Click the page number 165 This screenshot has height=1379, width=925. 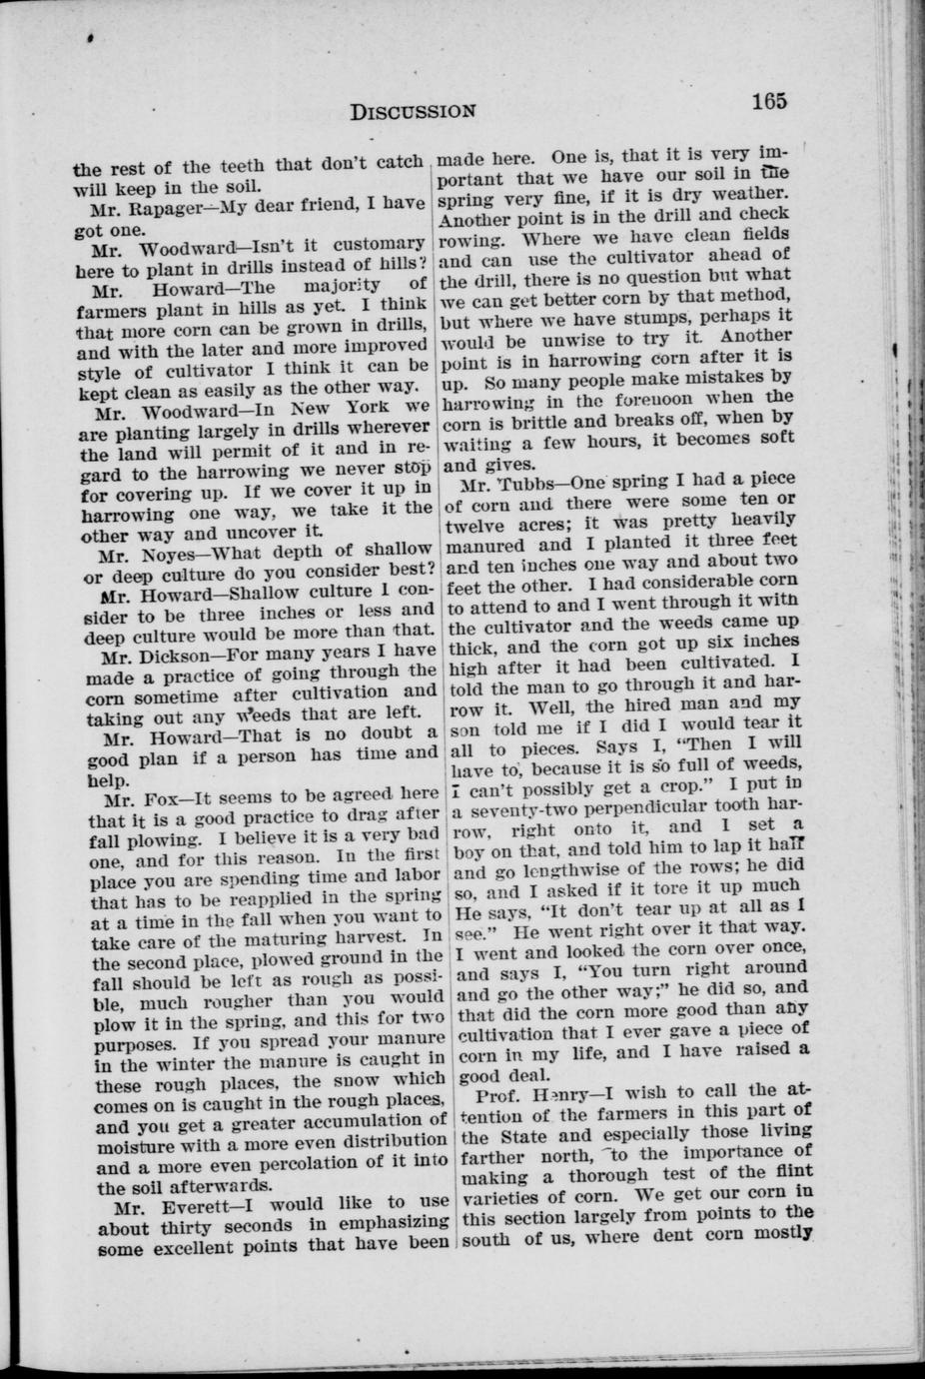[x=771, y=101]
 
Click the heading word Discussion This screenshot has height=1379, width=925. [x=413, y=110]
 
